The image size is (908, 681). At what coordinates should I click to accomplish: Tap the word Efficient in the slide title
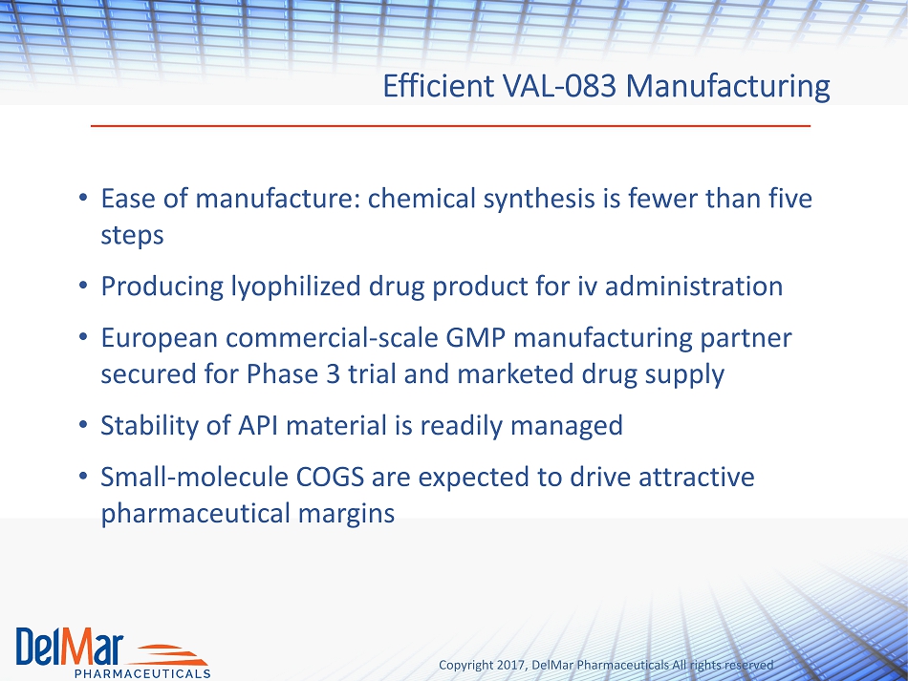[x=439, y=86]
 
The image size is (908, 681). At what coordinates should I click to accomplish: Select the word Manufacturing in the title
[x=728, y=87]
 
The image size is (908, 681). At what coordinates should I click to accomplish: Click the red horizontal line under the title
[x=450, y=125]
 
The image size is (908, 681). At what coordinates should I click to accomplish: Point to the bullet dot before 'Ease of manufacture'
[x=83, y=198]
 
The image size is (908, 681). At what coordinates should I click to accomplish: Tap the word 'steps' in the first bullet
[x=132, y=236]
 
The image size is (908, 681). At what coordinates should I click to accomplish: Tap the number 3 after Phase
[x=333, y=374]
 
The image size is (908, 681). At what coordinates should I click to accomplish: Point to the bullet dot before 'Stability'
[x=83, y=425]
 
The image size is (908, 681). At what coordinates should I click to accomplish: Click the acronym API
[x=258, y=425]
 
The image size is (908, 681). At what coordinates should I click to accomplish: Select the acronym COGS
[x=330, y=478]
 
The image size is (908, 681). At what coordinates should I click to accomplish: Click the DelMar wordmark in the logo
[x=70, y=646]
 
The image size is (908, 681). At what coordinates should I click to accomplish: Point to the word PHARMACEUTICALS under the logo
[x=142, y=673]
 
